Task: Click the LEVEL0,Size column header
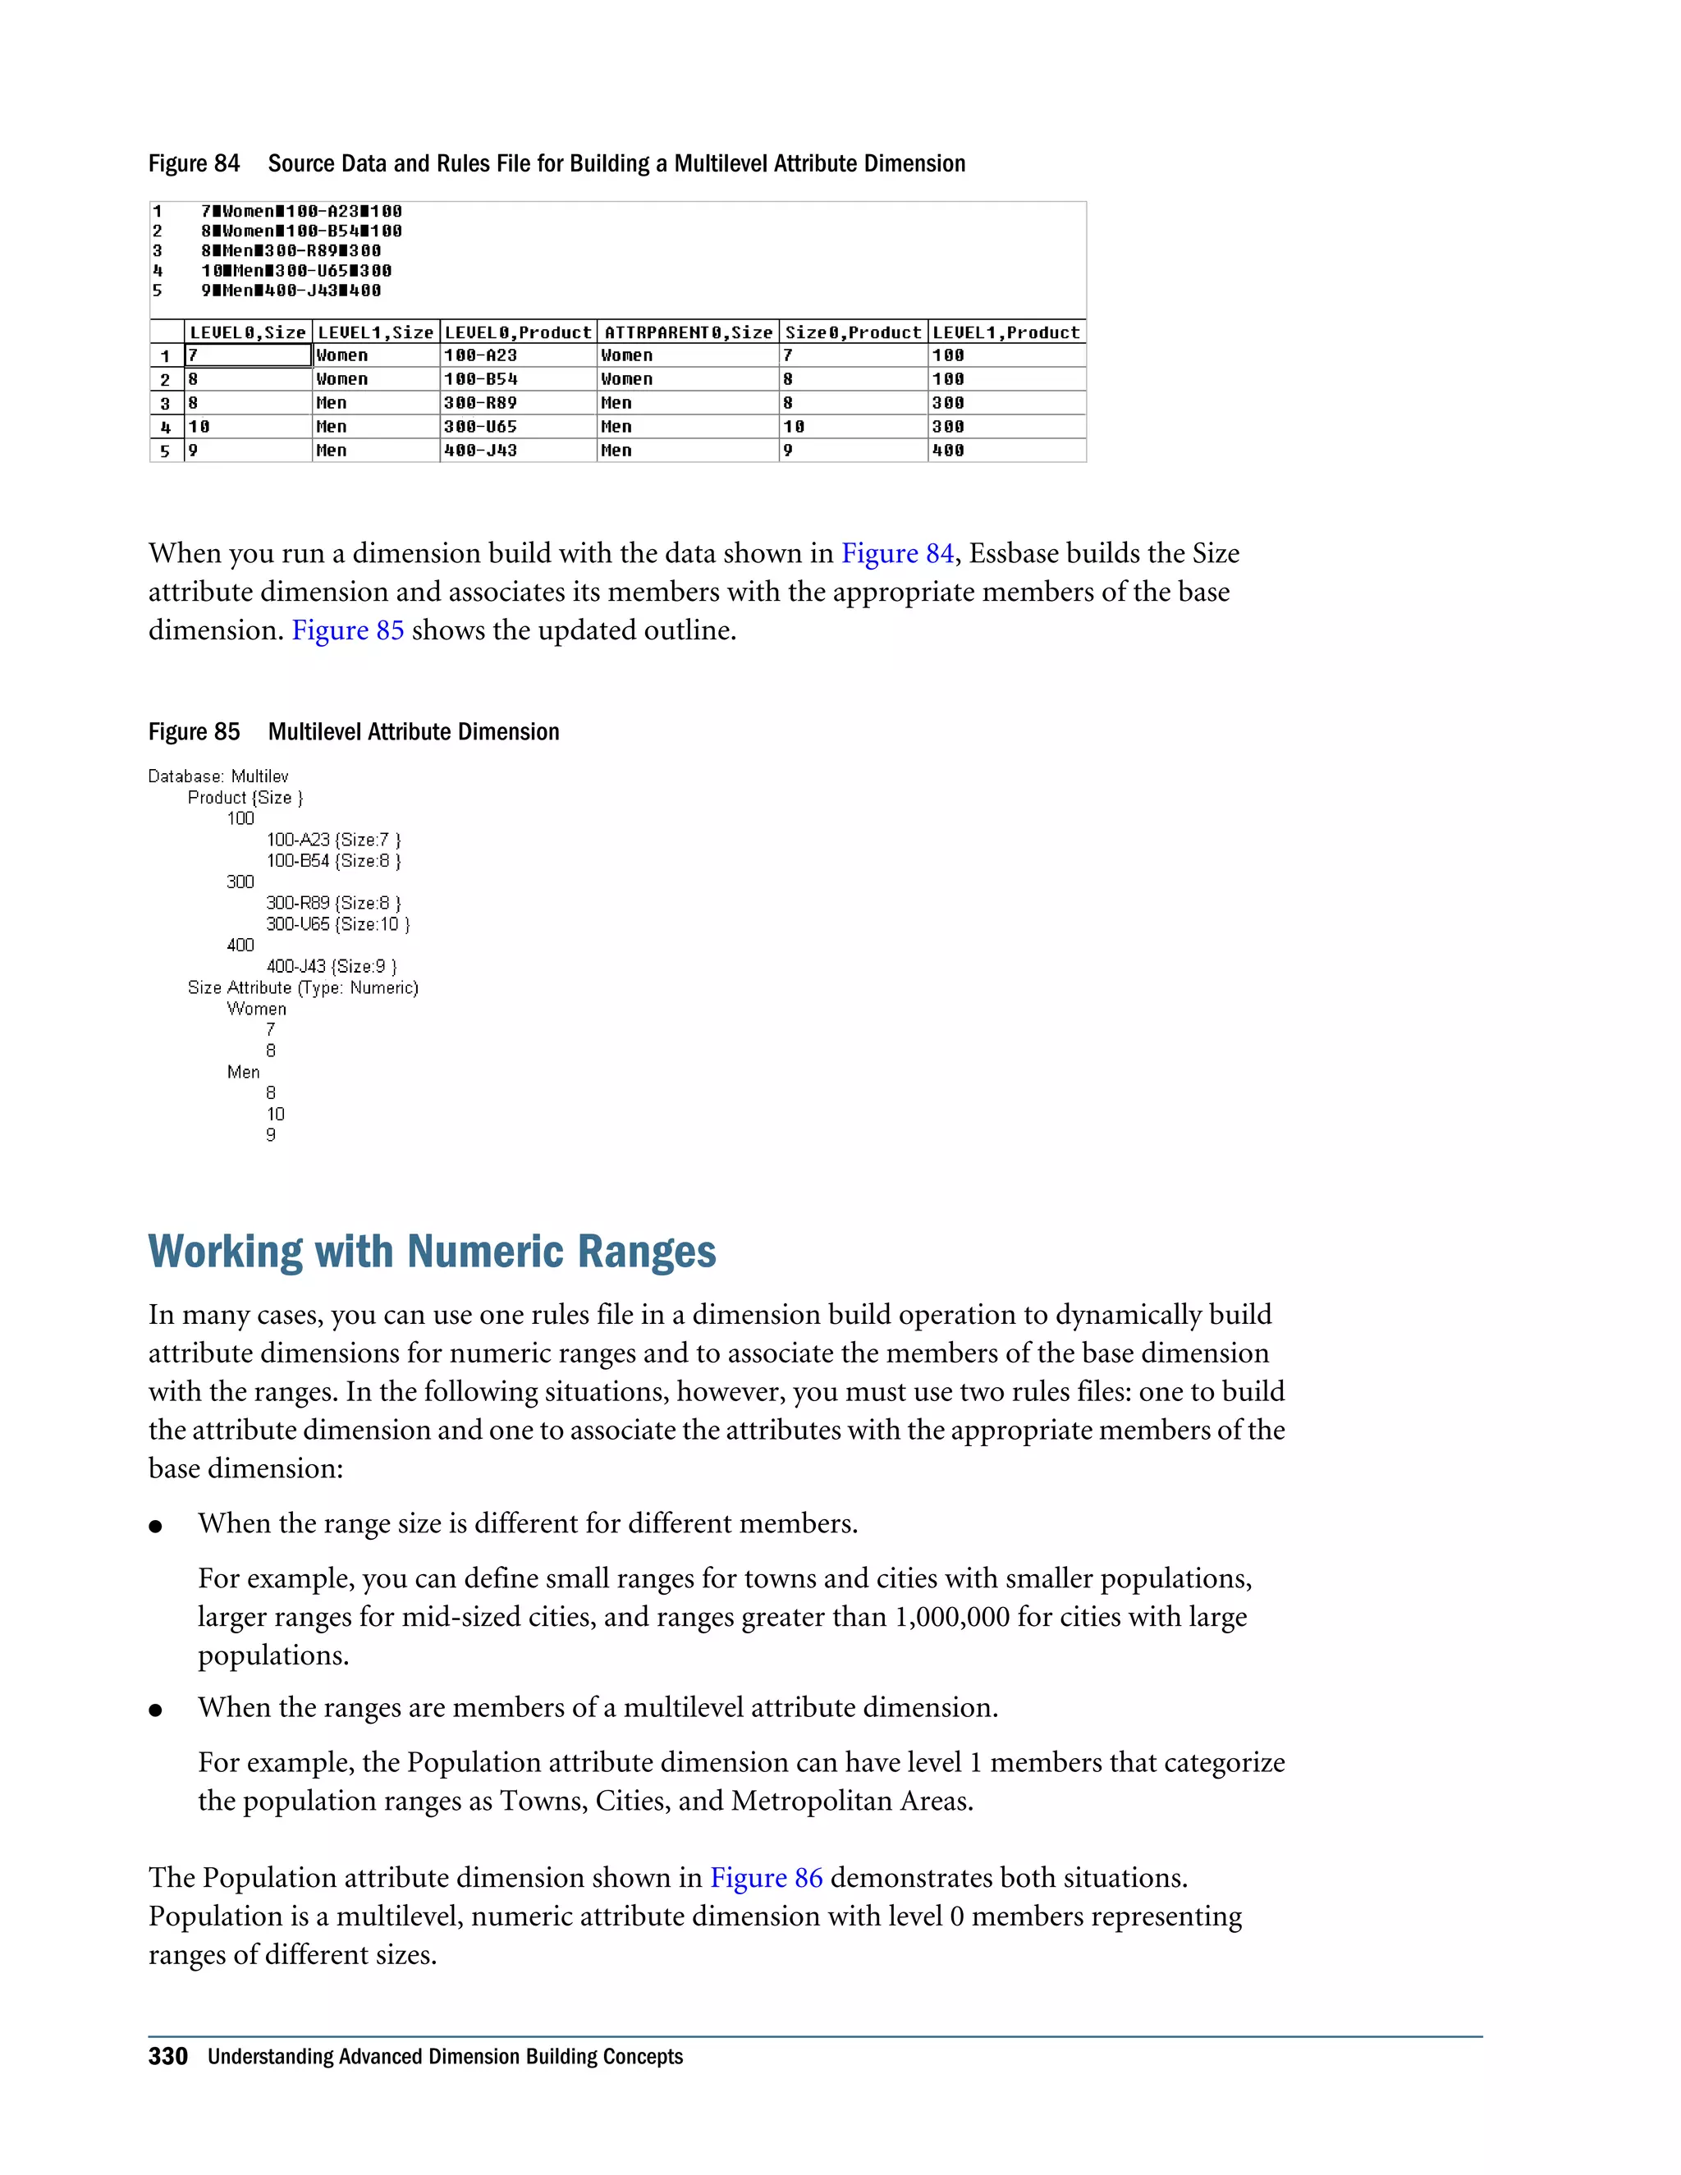(247, 332)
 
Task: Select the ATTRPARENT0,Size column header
(687, 332)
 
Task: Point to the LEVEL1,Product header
(1005, 332)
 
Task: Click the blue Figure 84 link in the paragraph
(897, 554)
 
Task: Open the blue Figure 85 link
(347, 630)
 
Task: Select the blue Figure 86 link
(766, 1877)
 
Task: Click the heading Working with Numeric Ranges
(433, 1252)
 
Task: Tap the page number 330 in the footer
(167, 2057)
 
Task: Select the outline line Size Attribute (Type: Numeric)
(303, 988)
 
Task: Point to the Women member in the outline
(256, 1009)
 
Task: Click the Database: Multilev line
(218, 776)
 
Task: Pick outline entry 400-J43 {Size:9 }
(331, 966)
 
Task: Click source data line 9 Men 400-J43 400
(291, 291)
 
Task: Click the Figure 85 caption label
(195, 732)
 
